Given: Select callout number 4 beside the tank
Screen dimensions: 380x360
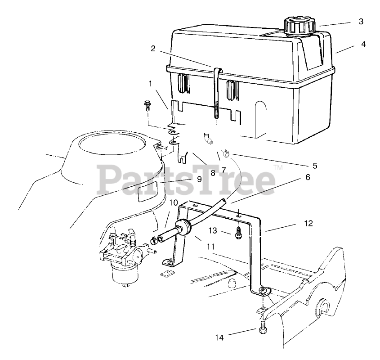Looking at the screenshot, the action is coord(362,45).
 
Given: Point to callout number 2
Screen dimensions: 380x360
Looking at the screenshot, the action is coord(153,49).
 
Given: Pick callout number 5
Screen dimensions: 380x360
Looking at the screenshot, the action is coord(315,166).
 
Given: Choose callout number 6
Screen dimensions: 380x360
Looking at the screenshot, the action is coord(308,177).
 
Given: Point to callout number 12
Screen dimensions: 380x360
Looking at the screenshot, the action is coord(308,223).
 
